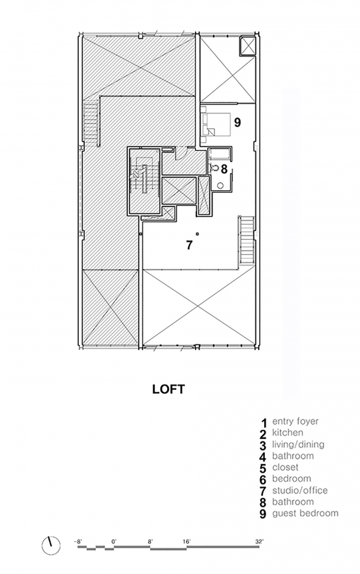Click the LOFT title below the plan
coord(168,389)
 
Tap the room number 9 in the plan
coord(237,122)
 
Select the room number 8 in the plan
coord(224,168)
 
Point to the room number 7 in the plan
coord(189,245)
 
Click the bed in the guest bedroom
coord(216,124)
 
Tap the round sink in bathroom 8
coord(219,185)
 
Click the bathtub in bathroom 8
coord(219,154)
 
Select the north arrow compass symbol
coord(51,545)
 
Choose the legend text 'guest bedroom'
coord(306,514)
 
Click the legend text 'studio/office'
coord(300,490)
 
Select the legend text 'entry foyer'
coord(295,421)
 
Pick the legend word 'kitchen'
coord(287,433)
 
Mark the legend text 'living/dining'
coord(298,444)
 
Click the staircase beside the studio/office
coord(247,240)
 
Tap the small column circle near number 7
coord(198,234)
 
